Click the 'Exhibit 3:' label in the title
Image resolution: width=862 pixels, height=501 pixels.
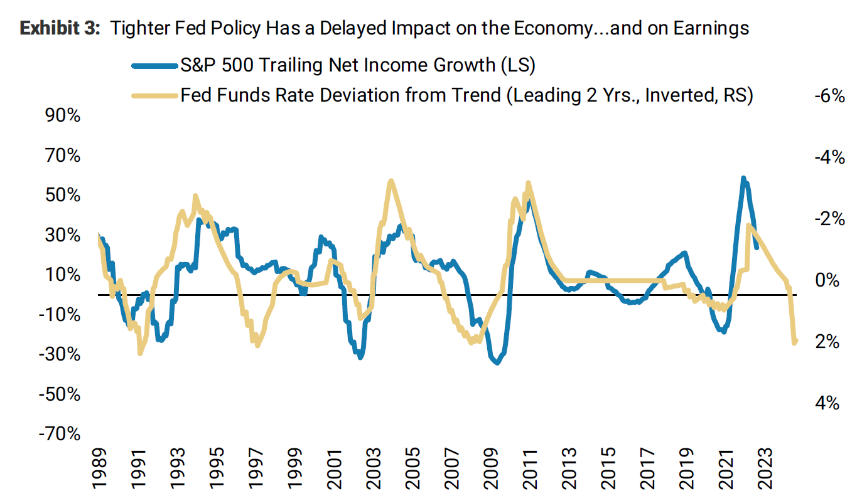tap(60, 29)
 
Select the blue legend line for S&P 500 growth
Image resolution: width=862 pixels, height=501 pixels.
tap(154, 65)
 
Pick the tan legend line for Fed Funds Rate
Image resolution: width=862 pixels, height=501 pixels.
tap(154, 95)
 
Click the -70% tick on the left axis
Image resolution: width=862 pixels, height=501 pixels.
tap(61, 434)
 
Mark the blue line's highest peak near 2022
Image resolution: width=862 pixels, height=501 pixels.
tap(743, 179)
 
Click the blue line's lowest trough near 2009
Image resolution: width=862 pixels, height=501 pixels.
tap(497, 362)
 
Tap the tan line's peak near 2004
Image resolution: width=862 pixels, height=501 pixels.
tap(391, 181)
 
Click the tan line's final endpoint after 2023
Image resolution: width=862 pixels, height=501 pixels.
tap(795, 342)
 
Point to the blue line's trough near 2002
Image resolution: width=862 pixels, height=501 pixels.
tap(360, 356)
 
